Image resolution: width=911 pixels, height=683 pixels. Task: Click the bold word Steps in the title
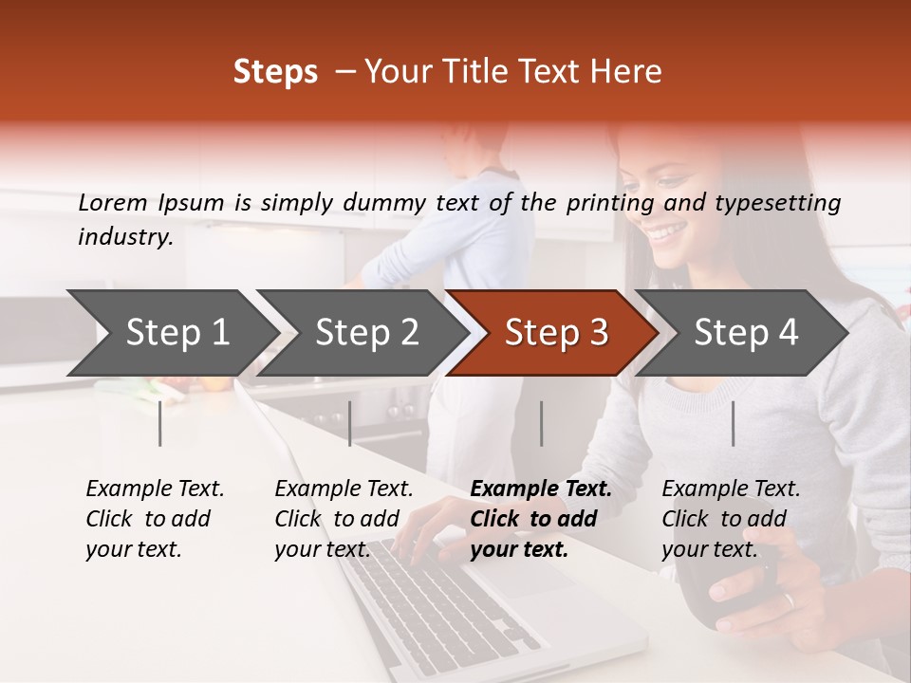(x=275, y=72)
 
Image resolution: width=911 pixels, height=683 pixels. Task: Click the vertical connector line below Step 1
(x=160, y=423)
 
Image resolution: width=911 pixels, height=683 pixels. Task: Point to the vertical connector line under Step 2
(x=350, y=423)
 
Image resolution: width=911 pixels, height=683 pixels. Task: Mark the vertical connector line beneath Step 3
(x=542, y=423)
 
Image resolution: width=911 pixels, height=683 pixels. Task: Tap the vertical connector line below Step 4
(x=734, y=423)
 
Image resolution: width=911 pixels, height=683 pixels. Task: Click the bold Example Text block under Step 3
(x=541, y=519)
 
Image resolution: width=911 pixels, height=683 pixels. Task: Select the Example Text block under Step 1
(x=155, y=519)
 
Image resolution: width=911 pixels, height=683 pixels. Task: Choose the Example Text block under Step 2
(x=344, y=519)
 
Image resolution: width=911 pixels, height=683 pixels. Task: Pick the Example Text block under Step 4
(x=731, y=519)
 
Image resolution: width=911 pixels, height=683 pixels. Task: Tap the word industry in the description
(x=124, y=236)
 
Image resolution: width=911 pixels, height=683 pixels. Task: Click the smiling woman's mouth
(x=667, y=231)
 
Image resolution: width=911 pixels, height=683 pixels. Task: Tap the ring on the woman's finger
(x=789, y=600)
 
